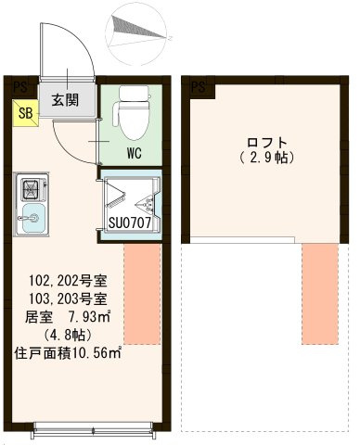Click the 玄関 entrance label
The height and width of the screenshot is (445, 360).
click(x=65, y=100)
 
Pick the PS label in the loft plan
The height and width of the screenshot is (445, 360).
click(x=198, y=87)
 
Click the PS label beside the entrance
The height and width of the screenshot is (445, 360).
click(x=18, y=87)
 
